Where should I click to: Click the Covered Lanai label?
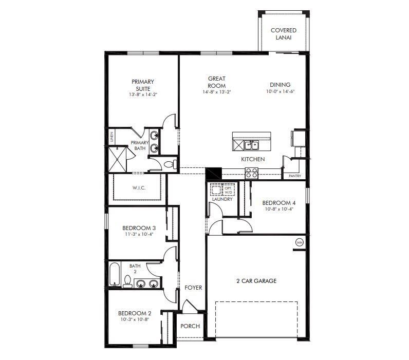click(284, 34)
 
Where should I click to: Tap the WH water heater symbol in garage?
click(299, 242)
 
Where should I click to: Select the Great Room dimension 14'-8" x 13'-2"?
click(216, 92)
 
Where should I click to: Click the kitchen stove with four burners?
click(251, 173)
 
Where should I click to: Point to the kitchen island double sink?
click(251, 145)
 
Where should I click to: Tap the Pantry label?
click(294, 176)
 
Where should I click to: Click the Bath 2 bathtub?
click(114, 273)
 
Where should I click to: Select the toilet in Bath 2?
click(127, 281)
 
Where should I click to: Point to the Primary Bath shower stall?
click(117, 159)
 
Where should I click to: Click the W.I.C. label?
click(139, 188)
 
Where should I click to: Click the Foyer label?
click(193, 288)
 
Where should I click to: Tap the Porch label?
click(190, 326)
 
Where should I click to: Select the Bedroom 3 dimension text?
click(139, 234)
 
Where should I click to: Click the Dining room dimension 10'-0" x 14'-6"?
click(280, 92)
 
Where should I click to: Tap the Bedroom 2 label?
click(135, 313)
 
